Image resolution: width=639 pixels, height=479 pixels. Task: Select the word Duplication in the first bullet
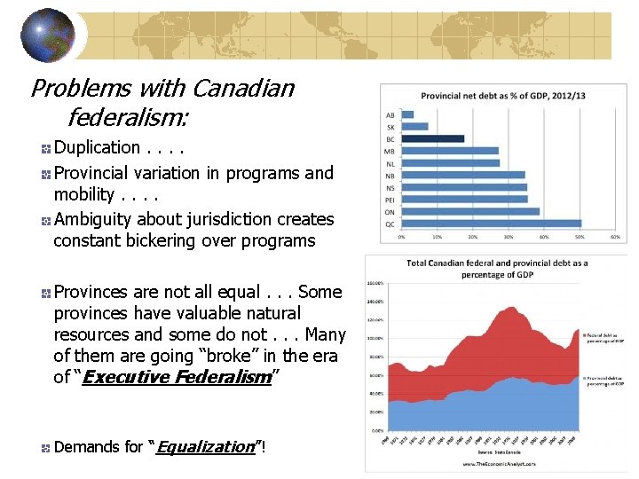(x=97, y=148)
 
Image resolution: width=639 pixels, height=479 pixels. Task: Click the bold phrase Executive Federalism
(x=176, y=378)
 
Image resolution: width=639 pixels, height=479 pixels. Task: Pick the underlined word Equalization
(x=204, y=447)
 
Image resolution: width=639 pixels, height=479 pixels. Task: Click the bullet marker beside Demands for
(x=44, y=449)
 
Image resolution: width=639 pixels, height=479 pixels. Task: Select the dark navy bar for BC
(x=432, y=138)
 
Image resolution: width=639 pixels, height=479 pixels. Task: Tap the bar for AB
(x=407, y=114)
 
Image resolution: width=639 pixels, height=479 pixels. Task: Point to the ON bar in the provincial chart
(x=469, y=211)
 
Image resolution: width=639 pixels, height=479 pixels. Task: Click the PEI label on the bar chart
(x=389, y=199)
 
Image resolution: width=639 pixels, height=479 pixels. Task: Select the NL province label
(x=390, y=163)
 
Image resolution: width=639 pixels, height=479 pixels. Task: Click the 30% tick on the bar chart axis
(x=509, y=237)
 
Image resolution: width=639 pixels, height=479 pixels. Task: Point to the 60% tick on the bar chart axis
(x=615, y=237)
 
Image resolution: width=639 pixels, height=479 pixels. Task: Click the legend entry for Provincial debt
(x=604, y=379)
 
